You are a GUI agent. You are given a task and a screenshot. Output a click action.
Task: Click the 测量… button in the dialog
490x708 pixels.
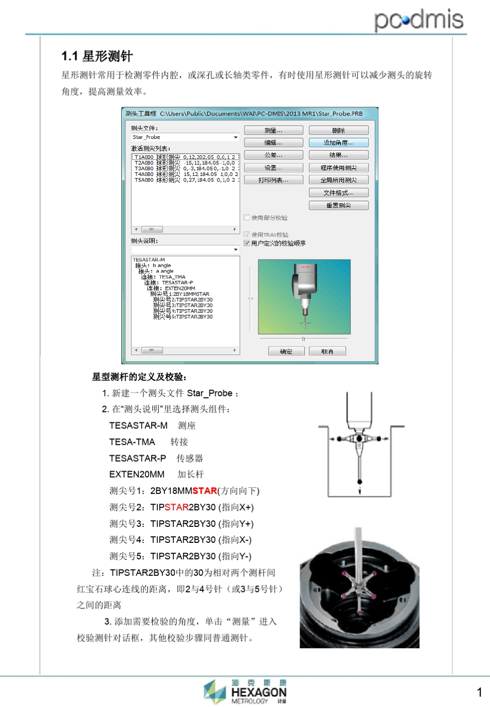click(273, 131)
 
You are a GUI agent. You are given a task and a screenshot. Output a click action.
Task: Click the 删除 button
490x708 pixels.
click(338, 131)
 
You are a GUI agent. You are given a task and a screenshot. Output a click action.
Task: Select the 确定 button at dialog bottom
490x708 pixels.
click(286, 351)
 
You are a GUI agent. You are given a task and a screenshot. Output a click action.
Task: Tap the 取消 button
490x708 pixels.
click(327, 351)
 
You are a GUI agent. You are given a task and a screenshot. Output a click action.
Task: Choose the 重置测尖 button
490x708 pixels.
click(338, 205)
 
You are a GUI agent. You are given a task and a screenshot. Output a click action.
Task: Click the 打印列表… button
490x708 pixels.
click(273, 180)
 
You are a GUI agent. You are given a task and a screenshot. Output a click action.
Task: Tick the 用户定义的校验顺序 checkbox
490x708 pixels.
click(247, 243)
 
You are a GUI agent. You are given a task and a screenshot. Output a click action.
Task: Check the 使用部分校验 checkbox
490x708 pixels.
click(247, 218)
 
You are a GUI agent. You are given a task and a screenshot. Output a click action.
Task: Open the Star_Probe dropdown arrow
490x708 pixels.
click(236, 137)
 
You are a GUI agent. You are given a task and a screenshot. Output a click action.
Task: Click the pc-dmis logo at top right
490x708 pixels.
click(418, 20)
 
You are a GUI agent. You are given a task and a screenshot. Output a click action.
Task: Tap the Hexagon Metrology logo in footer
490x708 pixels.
click(246, 691)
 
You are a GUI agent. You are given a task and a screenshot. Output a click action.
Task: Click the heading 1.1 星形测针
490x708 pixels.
click(97, 56)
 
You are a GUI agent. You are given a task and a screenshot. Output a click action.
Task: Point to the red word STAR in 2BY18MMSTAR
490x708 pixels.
click(204, 491)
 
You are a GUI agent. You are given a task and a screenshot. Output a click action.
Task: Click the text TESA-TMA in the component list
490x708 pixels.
click(132, 442)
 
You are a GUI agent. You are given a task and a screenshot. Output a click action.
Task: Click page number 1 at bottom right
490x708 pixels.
click(479, 693)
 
